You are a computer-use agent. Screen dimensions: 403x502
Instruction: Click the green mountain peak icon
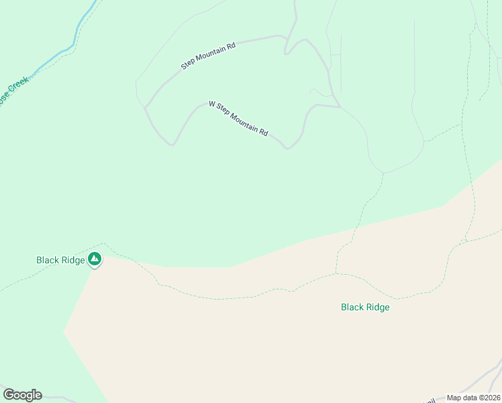click(x=95, y=259)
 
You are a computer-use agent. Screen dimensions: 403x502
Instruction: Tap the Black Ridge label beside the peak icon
click(x=60, y=259)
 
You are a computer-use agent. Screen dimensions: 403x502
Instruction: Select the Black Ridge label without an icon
click(x=365, y=308)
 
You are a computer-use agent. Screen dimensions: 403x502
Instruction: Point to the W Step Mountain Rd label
click(x=238, y=119)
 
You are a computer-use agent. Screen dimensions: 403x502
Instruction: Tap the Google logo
click(x=22, y=394)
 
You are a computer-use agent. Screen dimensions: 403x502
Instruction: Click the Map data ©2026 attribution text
click(x=474, y=398)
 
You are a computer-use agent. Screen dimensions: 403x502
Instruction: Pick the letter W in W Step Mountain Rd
click(x=212, y=104)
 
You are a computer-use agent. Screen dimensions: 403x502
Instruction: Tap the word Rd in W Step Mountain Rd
click(x=264, y=132)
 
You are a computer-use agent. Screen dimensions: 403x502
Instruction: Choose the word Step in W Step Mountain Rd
click(x=223, y=110)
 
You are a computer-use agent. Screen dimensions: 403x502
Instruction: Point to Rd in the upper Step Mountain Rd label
click(x=231, y=46)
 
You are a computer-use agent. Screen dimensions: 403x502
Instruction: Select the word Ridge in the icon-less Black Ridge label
click(x=377, y=308)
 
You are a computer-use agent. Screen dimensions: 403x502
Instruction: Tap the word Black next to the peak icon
click(x=48, y=259)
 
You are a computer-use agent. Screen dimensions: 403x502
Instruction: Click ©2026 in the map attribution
click(x=489, y=398)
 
